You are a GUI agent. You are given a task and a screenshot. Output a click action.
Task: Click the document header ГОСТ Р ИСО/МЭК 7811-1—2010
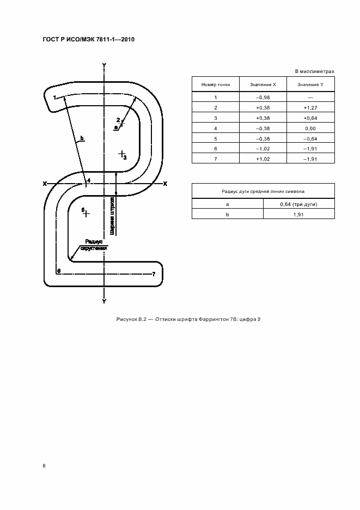[88, 40]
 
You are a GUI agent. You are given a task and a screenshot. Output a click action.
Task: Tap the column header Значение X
[263, 84]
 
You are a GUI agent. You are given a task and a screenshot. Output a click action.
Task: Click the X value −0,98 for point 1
[263, 97]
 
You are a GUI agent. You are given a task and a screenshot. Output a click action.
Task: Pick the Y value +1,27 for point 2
[310, 107]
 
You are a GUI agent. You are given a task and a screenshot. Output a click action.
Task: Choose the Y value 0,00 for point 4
[310, 128]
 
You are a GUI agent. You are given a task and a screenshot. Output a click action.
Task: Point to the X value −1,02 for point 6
[263, 148]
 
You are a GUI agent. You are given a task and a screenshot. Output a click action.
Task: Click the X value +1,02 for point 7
[263, 159]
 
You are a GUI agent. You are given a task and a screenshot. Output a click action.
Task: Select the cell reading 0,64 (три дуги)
[298, 203]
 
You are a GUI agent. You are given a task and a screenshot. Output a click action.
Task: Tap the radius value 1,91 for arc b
[298, 214]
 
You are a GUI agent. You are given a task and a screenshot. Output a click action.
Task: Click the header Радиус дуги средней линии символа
[263, 192]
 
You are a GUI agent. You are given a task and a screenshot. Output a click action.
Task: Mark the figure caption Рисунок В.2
[188, 319]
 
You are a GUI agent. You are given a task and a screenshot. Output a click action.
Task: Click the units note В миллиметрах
[314, 71]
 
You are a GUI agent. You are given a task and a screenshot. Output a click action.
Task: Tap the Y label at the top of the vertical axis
[104, 65]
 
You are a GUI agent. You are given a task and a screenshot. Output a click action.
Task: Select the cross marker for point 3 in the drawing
[122, 154]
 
